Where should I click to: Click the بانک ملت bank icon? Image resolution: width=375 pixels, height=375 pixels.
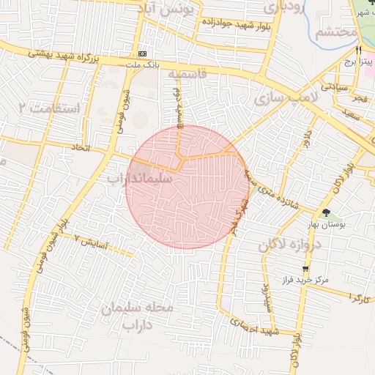tap(141, 54)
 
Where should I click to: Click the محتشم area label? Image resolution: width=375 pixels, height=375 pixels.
tap(335, 33)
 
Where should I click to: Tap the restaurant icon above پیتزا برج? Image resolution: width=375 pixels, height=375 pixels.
tap(358, 51)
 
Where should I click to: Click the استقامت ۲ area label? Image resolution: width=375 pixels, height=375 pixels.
tap(51, 108)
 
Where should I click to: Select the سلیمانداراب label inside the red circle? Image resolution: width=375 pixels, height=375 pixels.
tap(139, 178)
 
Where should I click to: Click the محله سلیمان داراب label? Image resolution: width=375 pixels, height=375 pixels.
tap(139, 314)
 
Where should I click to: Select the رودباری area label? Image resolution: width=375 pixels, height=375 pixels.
tap(281, 8)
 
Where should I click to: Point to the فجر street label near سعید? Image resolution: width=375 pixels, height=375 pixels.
tap(360, 97)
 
